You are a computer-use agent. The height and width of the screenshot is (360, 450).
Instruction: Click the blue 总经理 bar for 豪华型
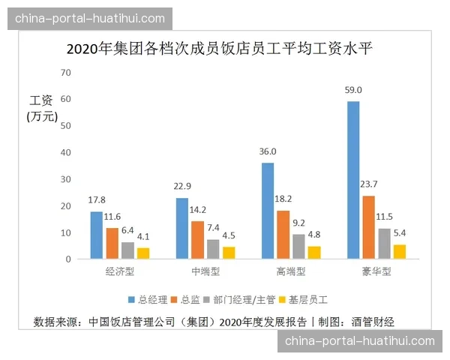[x=353, y=180]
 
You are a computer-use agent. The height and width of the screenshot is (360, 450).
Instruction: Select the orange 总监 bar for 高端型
[x=284, y=235]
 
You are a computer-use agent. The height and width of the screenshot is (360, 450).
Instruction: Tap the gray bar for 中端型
[x=213, y=249]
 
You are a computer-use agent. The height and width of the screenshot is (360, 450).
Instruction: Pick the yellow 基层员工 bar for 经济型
[x=143, y=253]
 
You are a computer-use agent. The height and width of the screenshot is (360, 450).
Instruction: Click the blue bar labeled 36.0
[x=268, y=211]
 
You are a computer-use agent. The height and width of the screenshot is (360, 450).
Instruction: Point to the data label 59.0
[x=354, y=91]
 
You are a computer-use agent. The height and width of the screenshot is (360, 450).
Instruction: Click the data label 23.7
[x=370, y=185]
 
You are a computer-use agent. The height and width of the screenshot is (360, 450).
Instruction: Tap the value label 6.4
[x=128, y=231]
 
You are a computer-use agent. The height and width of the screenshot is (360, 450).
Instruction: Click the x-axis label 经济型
[x=120, y=271]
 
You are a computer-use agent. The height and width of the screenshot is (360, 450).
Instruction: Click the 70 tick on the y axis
[x=65, y=73]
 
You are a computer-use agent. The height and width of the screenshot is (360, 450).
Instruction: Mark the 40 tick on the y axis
[x=65, y=153]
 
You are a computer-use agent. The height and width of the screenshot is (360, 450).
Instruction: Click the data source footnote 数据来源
[x=214, y=322]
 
